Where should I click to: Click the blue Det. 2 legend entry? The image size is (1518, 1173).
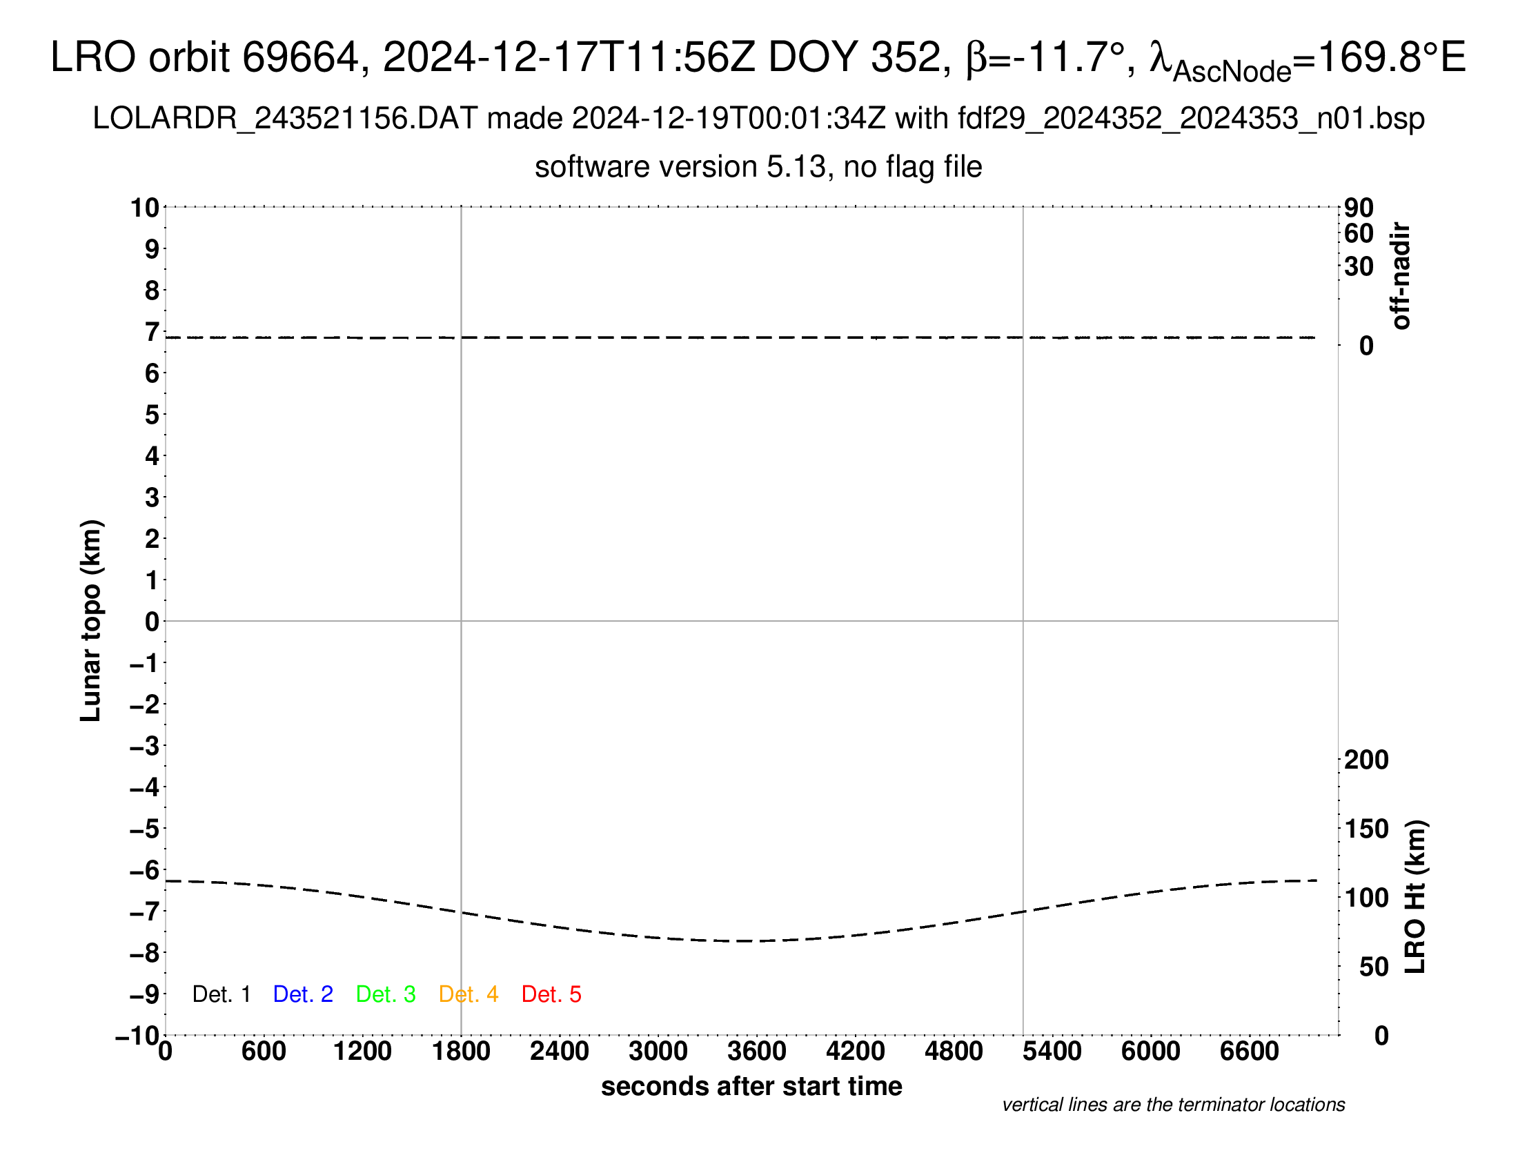303,994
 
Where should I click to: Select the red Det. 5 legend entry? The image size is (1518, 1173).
551,994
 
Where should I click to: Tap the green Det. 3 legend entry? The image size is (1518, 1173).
386,994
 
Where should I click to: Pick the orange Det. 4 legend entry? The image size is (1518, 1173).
469,994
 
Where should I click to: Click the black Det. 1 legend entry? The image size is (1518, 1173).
221,994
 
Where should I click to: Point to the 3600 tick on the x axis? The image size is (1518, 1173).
757,1051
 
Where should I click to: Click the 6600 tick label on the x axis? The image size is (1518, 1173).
1249,1051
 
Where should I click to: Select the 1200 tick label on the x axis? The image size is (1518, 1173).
362,1051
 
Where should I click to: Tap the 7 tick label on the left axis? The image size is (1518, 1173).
152,332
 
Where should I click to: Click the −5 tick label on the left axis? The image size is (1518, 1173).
145,828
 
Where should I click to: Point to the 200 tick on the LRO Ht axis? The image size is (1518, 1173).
1366,760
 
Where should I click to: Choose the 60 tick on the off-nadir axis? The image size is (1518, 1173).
1359,233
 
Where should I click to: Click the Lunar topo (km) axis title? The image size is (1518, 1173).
92,620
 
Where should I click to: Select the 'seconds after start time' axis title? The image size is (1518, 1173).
751,1086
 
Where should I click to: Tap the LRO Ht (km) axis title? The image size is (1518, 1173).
1415,897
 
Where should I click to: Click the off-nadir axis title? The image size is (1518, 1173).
1401,276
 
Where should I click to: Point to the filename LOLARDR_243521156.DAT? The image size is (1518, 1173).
285,119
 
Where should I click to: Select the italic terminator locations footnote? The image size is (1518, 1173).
1173,1105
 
